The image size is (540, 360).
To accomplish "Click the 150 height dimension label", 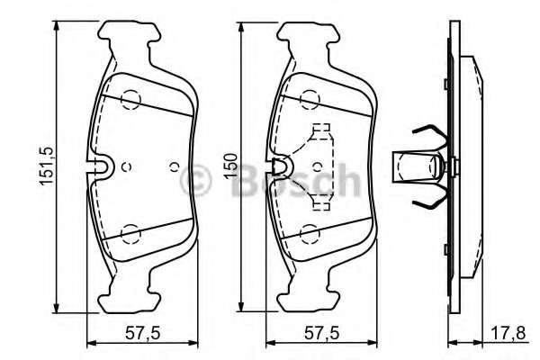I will coord(230,166).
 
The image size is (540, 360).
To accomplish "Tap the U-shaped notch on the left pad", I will coord(102,166).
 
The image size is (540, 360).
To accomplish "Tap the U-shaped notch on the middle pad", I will coord(282,166).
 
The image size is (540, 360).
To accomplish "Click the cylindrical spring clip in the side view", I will coord(419,166).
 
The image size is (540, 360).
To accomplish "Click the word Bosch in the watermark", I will coord(288,181).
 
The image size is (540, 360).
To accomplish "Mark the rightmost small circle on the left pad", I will coord(174,166).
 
